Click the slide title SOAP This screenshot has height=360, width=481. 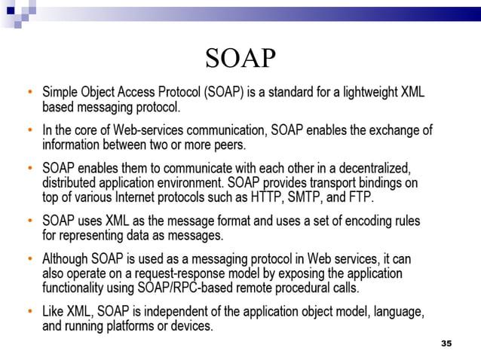click(240, 59)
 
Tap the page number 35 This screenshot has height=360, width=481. click(446, 343)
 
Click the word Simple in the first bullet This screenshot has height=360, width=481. click(63, 93)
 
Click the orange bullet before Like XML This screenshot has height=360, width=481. click(29, 311)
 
